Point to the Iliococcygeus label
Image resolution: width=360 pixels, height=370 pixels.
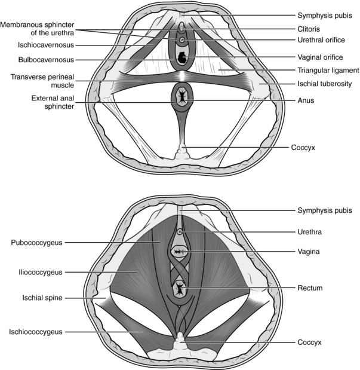(37, 272)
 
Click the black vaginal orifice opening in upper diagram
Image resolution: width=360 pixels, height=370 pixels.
(181, 58)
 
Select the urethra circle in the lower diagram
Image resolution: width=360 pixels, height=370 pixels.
(180, 231)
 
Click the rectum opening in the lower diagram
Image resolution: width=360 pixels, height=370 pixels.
(179, 289)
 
